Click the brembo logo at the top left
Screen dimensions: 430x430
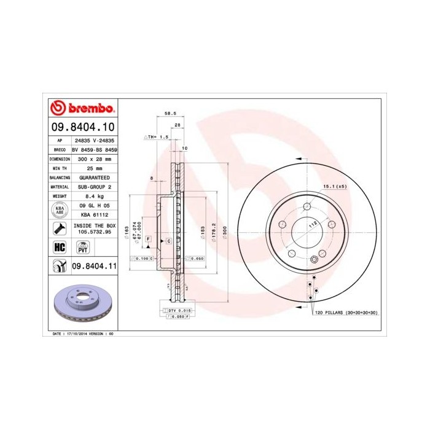tap(82, 108)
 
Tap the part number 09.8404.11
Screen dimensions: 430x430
tap(94, 265)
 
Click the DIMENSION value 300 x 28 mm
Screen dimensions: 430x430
tap(94, 158)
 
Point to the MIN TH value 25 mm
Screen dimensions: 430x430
tap(94, 167)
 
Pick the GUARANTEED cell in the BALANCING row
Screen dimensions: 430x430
tap(94, 177)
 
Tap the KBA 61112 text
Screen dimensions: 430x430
tap(94, 216)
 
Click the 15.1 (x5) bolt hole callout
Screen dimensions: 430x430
tap(332, 186)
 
